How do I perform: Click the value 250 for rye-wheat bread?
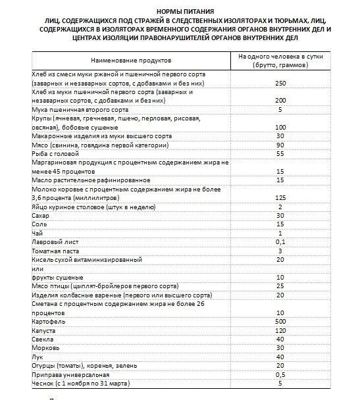click(280, 84)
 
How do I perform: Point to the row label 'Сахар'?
click(41, 215)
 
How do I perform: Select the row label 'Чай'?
click(37, 233)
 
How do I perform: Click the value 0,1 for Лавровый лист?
click(280, 241)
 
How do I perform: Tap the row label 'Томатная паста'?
click(55, 251)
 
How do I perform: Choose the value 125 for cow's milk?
click(280, 197)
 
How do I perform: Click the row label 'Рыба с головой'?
click(55, 153)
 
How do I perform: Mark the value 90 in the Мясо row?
click(280, 144)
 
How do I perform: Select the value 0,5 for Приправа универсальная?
click(280, 374)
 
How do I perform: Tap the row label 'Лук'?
click(37, 356)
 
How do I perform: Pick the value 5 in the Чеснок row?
click(280, 382)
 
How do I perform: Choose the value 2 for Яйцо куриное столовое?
click(280, 206)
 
